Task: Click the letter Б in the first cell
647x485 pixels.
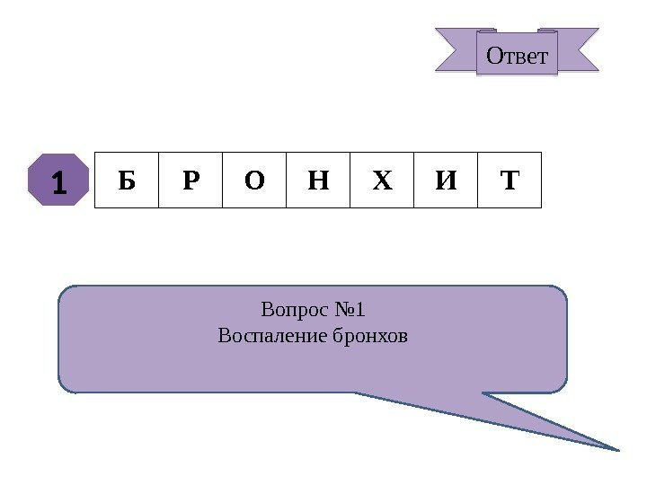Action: (126, 181)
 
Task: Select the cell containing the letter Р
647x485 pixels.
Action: (191, 181)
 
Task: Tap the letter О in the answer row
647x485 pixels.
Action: (254, 181)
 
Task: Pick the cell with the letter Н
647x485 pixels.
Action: (318, 181)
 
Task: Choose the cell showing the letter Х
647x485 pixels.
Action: (382, 181)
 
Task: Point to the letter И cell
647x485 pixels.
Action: (446, 181)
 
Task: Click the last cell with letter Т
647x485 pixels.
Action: (510, 181)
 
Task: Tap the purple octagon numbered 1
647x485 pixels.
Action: (58, 180)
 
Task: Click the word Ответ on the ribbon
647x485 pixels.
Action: (517, 56)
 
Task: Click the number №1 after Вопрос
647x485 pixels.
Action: (349, 311)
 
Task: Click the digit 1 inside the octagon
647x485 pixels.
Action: (58, 181)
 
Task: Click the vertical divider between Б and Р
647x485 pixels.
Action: (158, 180)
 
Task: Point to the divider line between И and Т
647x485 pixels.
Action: (477, 180)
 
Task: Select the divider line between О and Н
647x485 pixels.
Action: (286, 180)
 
